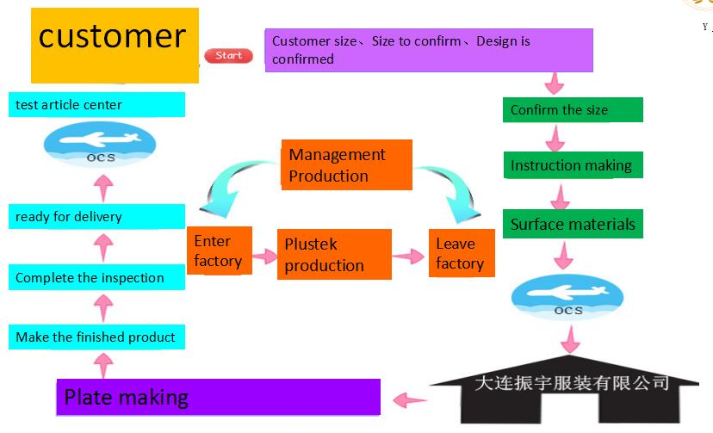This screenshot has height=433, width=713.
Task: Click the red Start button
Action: pyautogui.click(x=229, y=56)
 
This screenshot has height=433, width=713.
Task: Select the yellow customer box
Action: pyautogui.click(x=115, y=45)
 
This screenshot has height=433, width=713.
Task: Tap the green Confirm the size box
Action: pyautogui.click(x=573, y=109)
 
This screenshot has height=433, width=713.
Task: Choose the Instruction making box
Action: pyautogui.click(x=573, y=165)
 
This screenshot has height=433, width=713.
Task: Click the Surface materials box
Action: pyautogui.click(x=573, y=225)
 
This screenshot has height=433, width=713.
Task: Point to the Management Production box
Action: pyautogui.click(x=346, y=165)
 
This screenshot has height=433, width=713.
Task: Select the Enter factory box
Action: pyautogui.click(x=220, y=251)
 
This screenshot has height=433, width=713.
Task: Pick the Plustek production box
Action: pyautogui.click(x=334, y=255)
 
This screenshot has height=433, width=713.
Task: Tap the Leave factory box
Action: pyautogui.click(x=462, y=253)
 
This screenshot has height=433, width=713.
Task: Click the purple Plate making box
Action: pyautogui.click(x=219, y=397)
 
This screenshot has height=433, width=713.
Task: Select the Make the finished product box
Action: pyautogui.click(x=97, y=337)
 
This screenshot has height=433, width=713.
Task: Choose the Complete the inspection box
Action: pyautogui.click(x=97, y=278)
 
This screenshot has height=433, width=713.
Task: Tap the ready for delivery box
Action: pyautogui.click(x=97, y=217)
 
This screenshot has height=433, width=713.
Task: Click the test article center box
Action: pyautogui.click(x=97, y=105)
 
